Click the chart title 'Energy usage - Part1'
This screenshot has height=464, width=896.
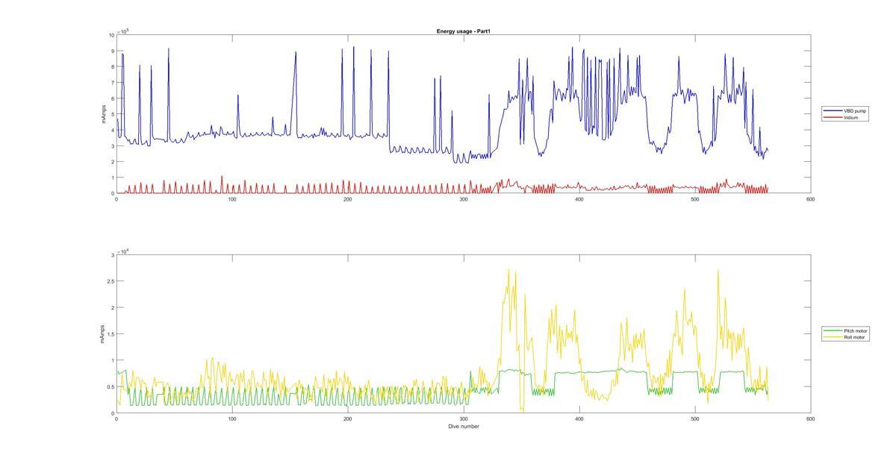463,31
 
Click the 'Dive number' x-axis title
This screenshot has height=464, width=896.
463,427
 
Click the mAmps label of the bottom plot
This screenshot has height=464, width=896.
103,334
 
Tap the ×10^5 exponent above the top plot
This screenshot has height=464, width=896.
123,31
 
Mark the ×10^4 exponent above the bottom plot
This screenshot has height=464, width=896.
123,251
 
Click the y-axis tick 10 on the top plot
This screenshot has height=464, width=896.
111,35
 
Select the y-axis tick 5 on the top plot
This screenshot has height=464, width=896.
112,114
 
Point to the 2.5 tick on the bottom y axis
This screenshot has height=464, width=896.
110,281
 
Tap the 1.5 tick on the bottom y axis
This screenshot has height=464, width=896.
110,334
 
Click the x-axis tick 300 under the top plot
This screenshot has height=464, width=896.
463,199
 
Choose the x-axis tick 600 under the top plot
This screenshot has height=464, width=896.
810,199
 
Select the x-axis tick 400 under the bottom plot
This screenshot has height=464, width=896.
579,419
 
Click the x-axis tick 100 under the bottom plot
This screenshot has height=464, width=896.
231,419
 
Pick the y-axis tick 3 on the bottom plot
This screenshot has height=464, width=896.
112,255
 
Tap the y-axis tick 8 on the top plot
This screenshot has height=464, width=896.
112,66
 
